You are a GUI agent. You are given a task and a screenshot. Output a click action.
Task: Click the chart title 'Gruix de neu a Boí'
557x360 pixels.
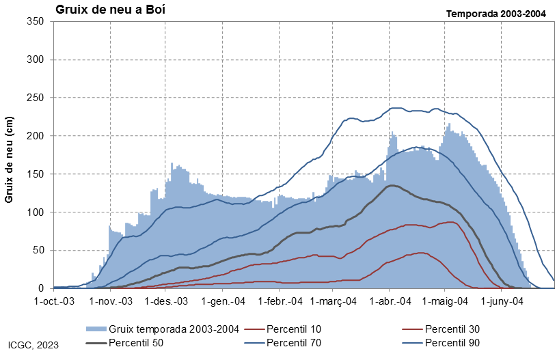[x=111, y=10]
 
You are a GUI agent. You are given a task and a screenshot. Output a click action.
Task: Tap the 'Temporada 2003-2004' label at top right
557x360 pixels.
[x=496, y=14]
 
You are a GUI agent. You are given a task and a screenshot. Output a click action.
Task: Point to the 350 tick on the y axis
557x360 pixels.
[x=35, y=21]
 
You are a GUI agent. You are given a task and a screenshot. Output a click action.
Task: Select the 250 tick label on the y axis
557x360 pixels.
[x=35, y=98]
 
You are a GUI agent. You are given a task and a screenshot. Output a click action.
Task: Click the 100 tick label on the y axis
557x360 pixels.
[x=35, y=212]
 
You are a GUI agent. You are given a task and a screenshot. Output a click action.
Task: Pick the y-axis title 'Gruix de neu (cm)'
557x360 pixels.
[x=9, y=160]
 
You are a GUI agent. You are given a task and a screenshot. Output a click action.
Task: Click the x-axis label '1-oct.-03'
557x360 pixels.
[x=54, y=301]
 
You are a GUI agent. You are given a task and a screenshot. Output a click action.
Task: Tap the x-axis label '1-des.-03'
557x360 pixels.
[x=166, y=301]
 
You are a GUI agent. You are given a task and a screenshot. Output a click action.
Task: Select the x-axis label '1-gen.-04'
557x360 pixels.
[x=223, y=301]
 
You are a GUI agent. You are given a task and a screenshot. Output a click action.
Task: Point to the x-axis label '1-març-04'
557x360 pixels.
[x=334, y=301]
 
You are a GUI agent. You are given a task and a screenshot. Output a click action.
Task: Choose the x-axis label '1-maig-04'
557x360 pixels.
[x=445, y=301]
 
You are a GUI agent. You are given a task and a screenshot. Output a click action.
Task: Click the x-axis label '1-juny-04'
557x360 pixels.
[x=502, y=301]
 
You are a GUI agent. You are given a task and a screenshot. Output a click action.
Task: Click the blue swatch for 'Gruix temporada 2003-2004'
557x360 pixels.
[x=96, y=329]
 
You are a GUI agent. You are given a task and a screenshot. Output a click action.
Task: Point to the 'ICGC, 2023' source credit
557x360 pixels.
[x=33, y=345]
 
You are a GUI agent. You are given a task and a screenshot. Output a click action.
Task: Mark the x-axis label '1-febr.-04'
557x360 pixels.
[x=280, y=301]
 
